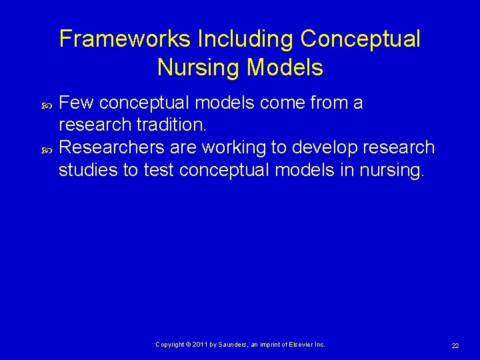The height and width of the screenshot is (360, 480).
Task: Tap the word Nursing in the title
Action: [x=199, y=67]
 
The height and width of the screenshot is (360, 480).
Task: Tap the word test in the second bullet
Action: [x=159, y=170]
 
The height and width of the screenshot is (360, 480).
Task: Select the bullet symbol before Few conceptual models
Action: [x=46, y=105]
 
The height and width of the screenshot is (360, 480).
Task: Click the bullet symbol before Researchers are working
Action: [x=46, y=149]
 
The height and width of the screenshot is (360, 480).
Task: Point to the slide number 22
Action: [x=455, y=345]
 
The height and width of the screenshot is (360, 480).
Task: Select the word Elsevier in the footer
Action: [x=300, y=345]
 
